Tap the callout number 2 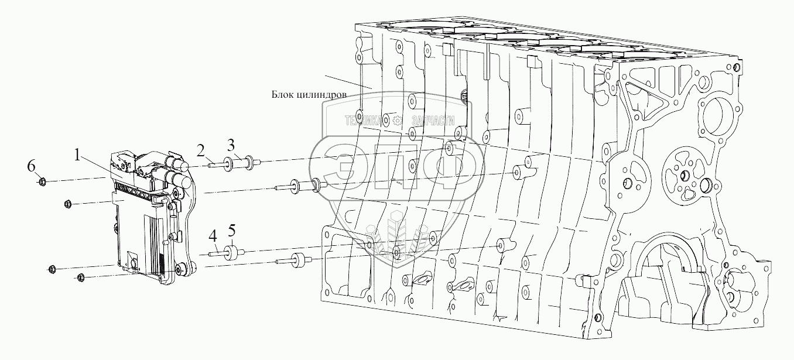[201, 152]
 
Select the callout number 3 [231, 145]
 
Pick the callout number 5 [232, 228]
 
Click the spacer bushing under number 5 [235, 253]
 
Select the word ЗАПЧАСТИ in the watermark [434, 121]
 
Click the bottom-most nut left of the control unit [81, 277]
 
